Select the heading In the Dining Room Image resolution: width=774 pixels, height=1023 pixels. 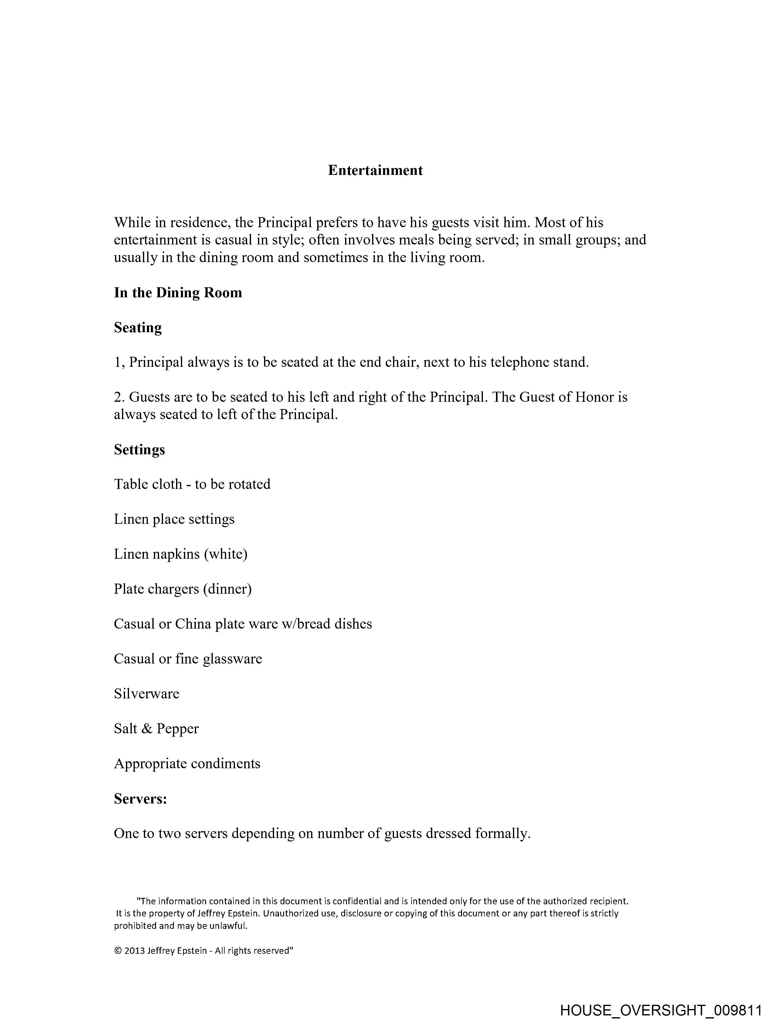(x=178, y=293)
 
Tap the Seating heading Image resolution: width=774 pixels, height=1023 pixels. (x=138, y=327)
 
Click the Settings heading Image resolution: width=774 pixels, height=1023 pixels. (x=139, y=449)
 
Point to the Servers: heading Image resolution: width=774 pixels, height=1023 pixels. (x=140, y=799)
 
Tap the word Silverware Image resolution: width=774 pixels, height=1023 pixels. (x=147, y=694)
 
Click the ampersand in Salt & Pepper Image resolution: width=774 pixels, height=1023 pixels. (x=147, y=729)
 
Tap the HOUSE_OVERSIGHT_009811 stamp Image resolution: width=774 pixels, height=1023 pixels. (x=661, y=1011)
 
